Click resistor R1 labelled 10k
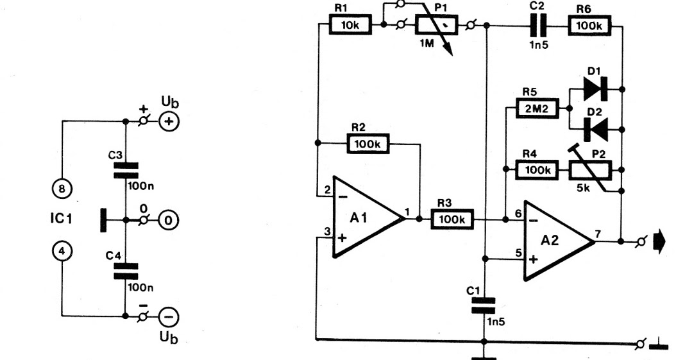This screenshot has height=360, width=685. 346,26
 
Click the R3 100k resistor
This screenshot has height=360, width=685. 454,219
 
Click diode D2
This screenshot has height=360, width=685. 596,129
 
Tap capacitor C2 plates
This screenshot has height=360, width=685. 534,26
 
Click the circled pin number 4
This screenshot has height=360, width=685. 62,252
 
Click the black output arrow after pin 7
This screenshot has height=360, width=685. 659,242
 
